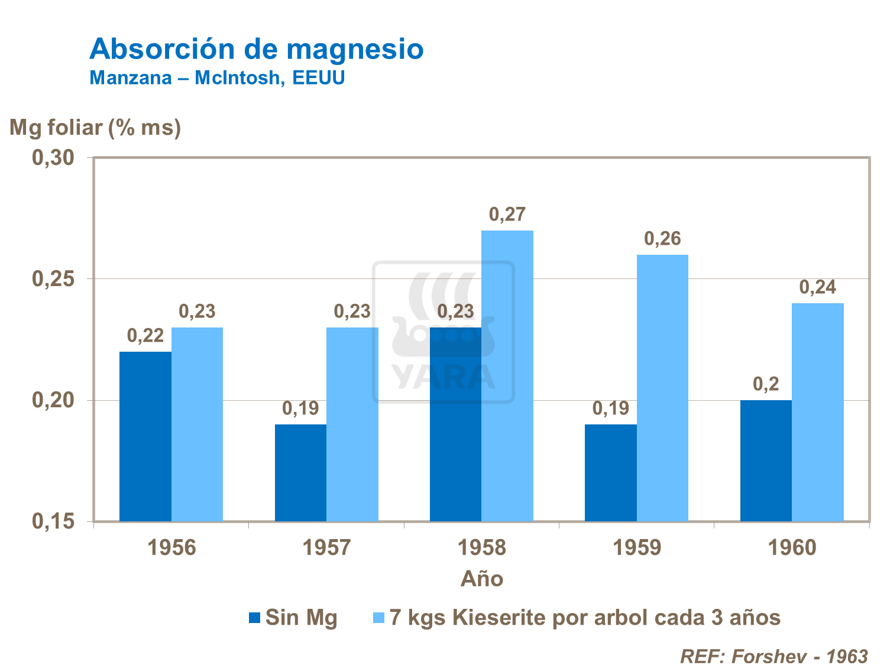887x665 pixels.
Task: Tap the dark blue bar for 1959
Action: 611,473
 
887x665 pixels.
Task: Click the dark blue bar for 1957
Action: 300,473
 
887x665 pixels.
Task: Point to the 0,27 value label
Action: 507,215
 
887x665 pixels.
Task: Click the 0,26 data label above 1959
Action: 662,239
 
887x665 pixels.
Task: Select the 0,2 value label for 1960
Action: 766,385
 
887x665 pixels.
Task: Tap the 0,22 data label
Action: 145,336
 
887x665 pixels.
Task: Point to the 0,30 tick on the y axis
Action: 53,158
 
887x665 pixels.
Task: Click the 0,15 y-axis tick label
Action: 53,521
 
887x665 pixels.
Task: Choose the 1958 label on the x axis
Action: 482,548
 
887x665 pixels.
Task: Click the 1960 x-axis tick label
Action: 792,548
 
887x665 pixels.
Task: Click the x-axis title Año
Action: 482,579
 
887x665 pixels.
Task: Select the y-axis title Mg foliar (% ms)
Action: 95,127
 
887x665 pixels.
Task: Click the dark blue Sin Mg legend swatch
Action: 255,618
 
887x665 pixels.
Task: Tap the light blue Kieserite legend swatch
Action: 378,618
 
